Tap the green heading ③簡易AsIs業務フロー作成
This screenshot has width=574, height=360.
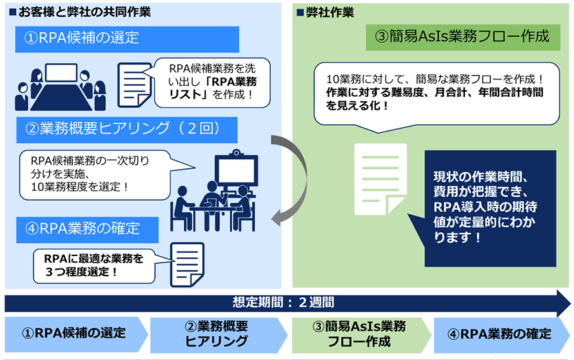pyautogui.click(x=460, y=37)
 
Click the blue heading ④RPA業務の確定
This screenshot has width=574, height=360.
pyautogui.click(x=90, y=228)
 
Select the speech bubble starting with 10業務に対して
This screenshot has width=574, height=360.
pyautogui.click(x=437, y=92)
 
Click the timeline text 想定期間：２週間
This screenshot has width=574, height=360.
pyautogui.click(x=284, y=302)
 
